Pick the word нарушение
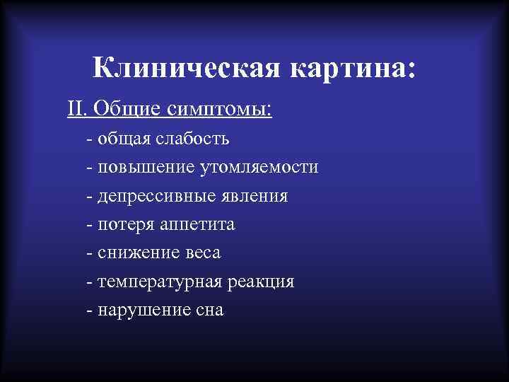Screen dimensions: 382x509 (140, 310)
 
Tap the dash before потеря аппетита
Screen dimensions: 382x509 (89, 225)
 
